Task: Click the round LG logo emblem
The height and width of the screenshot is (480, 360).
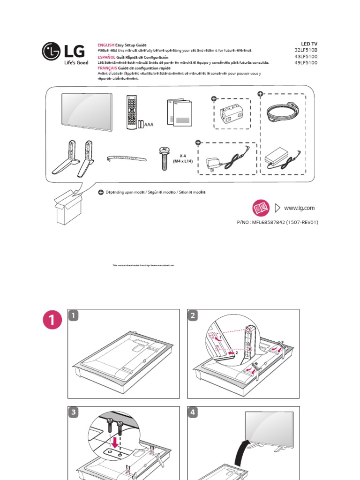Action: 51,52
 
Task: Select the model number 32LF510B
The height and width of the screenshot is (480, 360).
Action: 306,50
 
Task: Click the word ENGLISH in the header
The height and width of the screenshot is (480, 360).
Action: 106,44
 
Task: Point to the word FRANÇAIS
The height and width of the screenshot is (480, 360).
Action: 106,68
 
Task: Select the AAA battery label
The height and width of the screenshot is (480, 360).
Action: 150,125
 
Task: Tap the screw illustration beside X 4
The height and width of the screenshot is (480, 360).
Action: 165,157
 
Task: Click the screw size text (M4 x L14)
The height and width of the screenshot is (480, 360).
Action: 182,161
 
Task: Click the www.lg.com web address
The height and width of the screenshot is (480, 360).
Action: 299,208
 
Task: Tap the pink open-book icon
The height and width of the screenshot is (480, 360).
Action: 261,208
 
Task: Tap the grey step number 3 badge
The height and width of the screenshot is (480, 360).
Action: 74,412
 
